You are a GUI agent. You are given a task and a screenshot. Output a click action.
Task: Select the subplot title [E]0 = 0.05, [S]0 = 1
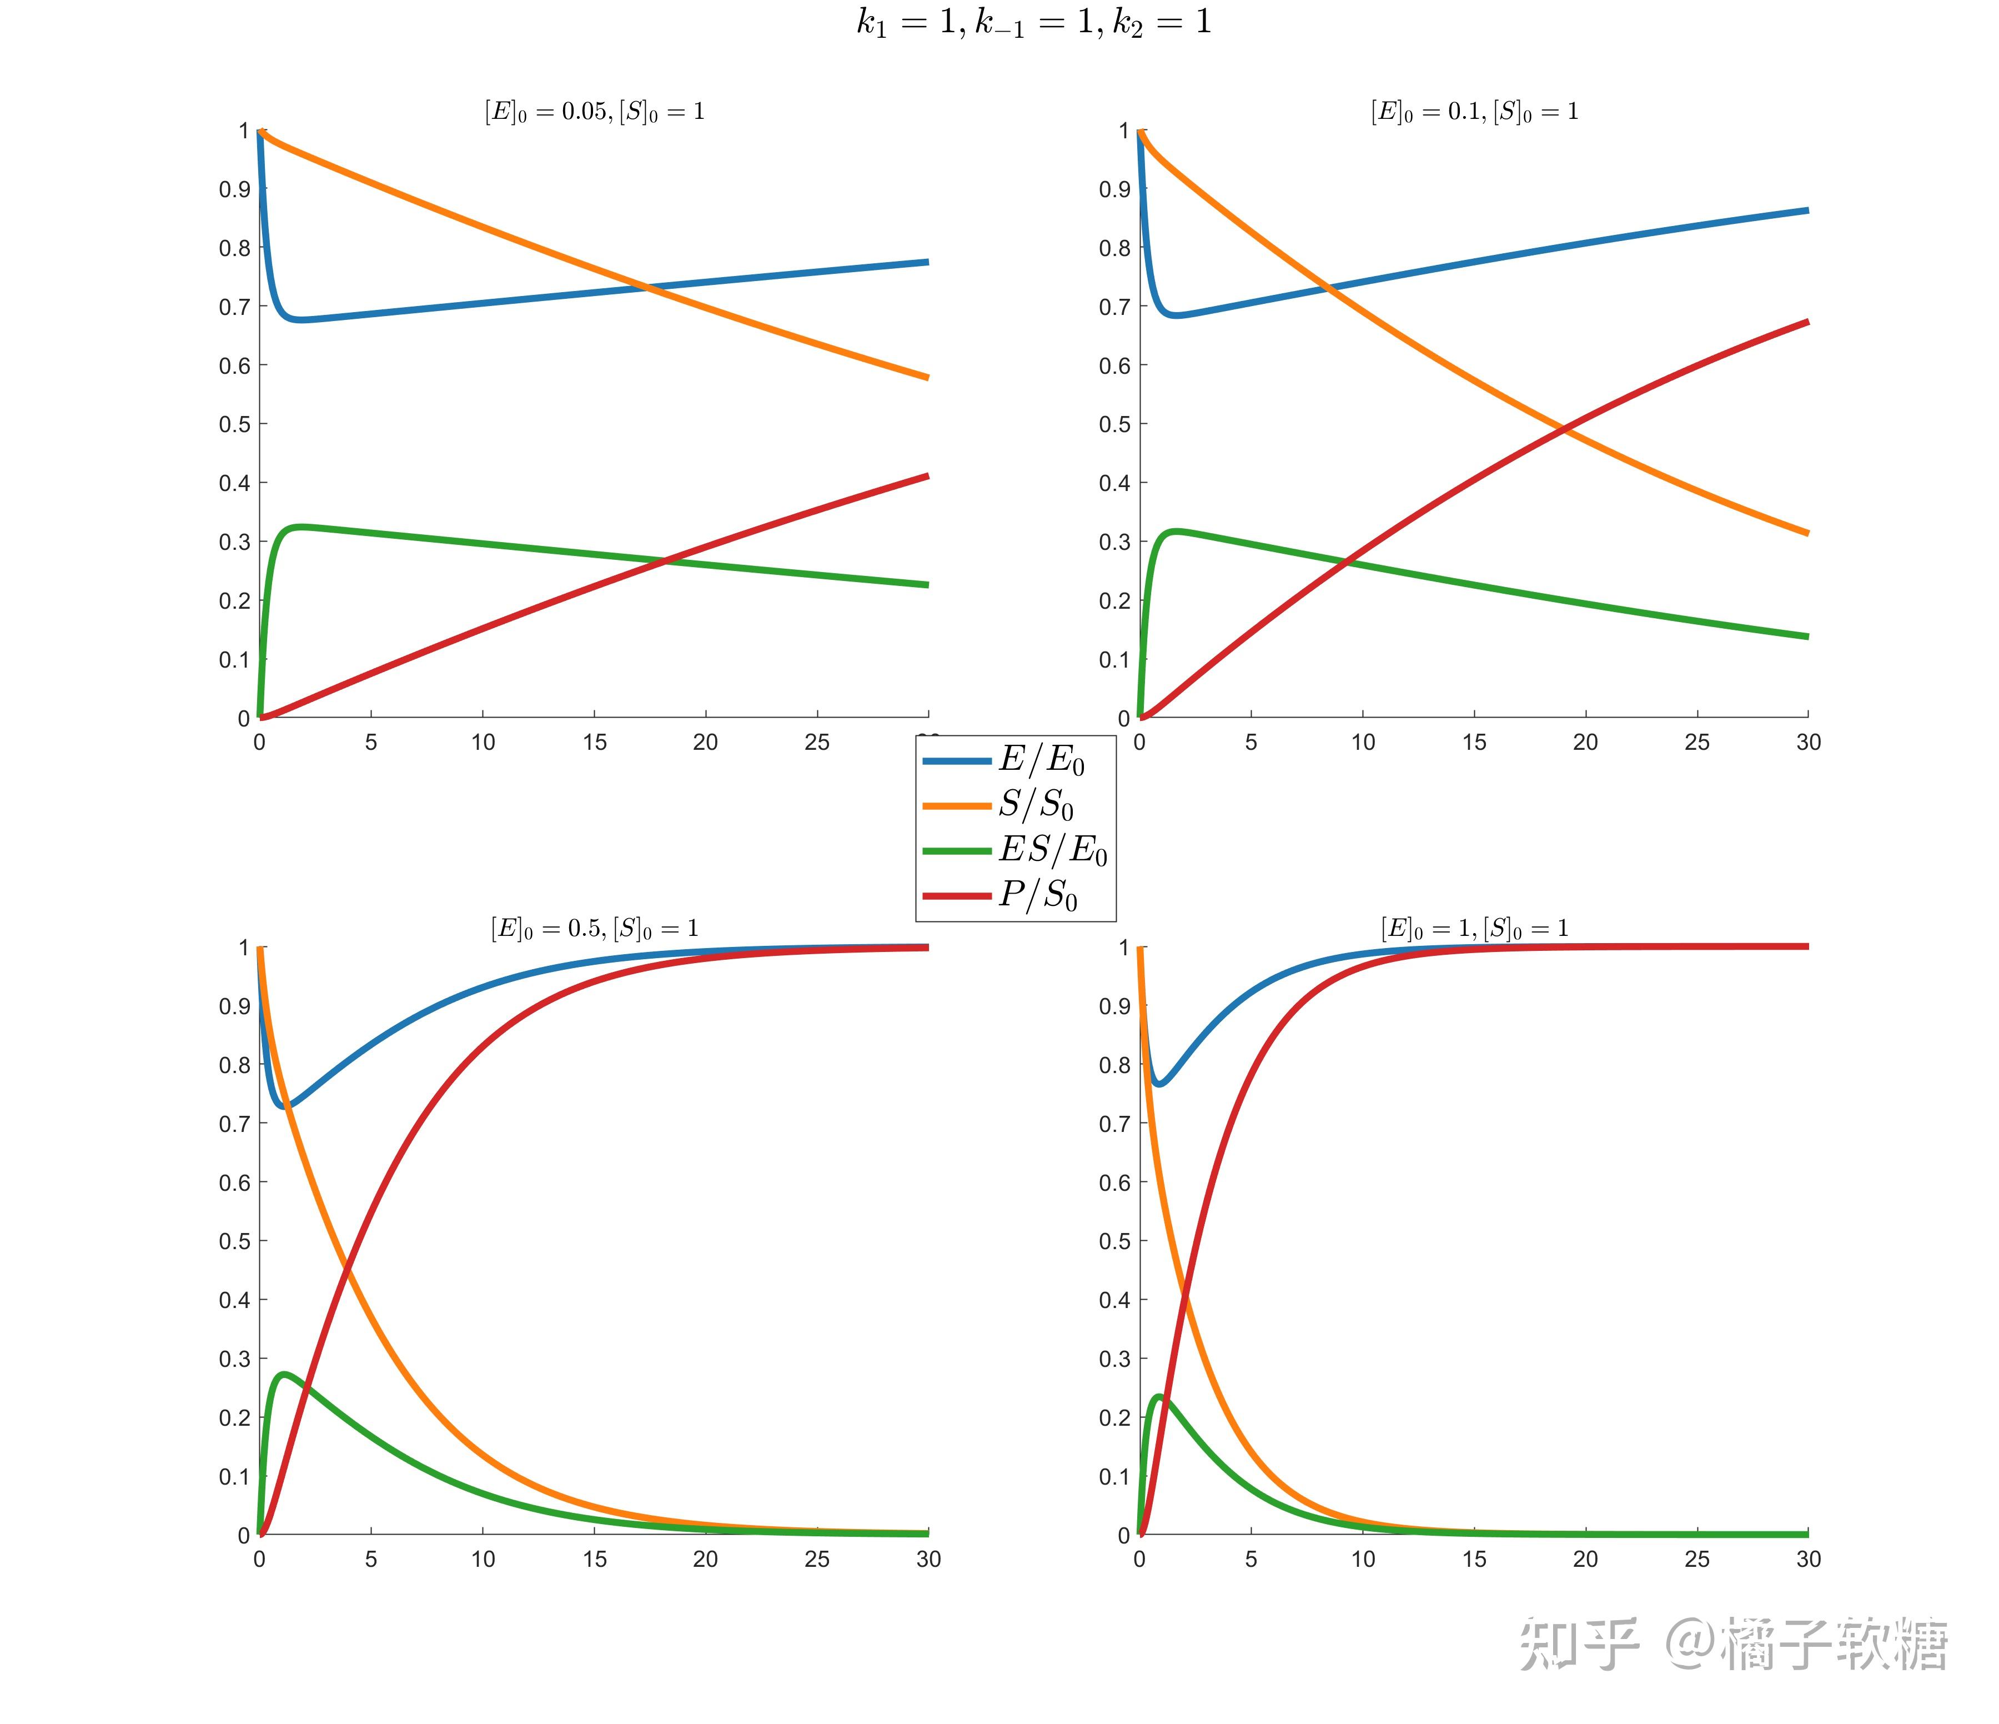tap(594, 112)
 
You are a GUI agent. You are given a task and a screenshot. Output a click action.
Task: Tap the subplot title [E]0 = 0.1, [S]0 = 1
tap(1474, 112)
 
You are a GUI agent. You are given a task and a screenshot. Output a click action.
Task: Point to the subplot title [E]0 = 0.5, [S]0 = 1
tap(594, 929)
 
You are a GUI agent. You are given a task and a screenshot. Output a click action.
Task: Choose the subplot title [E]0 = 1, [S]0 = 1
tap(1474, 929)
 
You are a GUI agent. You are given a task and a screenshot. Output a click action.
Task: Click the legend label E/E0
tap(1041, 761)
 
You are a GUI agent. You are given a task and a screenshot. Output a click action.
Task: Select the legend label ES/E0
tap(1053, 850)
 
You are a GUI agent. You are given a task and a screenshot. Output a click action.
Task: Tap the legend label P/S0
tap(1037, 895)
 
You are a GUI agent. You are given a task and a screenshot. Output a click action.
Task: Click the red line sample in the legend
tap(956, 896)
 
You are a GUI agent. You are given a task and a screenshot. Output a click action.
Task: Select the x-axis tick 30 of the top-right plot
tap(1808, 742)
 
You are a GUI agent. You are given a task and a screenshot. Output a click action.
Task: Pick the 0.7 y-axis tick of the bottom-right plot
tap(1114, 1124)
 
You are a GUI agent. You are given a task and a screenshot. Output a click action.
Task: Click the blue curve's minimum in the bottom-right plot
tap(1159, 1084)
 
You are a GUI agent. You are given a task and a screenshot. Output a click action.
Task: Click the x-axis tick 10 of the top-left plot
tap(483, 742)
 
